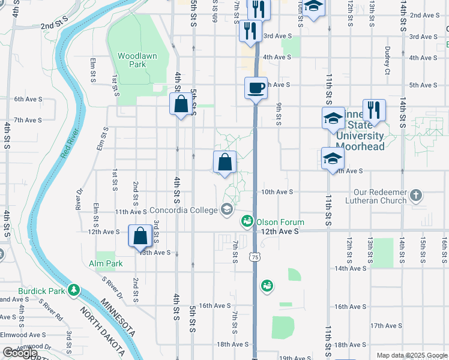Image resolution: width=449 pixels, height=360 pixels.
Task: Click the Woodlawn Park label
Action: click(x=137, y=60)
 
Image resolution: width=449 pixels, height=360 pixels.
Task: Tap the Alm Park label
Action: click(x=106, y=263)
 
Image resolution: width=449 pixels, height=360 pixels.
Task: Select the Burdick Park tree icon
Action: click(x=74, y=290)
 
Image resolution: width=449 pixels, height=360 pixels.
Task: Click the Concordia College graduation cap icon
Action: click(x=227, y=209)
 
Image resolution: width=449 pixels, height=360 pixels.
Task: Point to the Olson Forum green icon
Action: click(x=247, y=222)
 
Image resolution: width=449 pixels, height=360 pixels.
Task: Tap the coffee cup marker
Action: click(x=256, y=89)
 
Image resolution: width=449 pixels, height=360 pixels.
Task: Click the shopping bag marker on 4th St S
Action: click(x=181, y=105)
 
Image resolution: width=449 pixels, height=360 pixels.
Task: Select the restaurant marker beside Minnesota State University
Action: click(x=373, y=110)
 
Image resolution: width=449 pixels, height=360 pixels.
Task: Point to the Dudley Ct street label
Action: click(x=388, y=58)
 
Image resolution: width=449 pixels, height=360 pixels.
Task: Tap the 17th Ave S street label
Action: click(x=385, y=326)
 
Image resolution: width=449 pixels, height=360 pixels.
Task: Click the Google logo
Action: click(x=20, y=353)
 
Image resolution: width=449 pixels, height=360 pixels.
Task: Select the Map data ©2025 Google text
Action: click(x=411, y=355)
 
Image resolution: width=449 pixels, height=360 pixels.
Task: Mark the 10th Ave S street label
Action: click(x=276, y=192)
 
